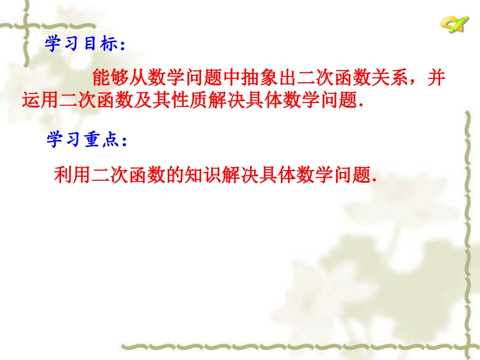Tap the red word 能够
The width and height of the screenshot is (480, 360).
[x=110, y=78]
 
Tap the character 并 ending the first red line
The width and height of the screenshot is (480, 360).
[x=438, y=78]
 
